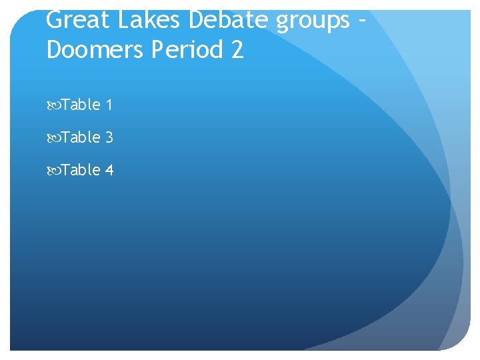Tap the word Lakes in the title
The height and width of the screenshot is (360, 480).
pos(150,20)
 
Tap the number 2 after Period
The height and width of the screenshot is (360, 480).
pos(237,49)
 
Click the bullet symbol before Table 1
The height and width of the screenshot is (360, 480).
pos(53,105)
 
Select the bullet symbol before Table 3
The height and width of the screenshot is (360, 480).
pos(53,138)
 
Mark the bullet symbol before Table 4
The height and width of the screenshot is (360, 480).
pos(53,171)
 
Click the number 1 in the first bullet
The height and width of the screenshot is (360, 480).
pos(109,105)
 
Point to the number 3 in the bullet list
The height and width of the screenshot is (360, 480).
pos(109,137)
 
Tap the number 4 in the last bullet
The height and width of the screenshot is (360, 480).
pos(109,170)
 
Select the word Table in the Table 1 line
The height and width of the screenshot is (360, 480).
pos(81,105)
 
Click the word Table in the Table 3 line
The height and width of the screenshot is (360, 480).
pos(81,137)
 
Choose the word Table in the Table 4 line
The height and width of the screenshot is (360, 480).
pos(81,170)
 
